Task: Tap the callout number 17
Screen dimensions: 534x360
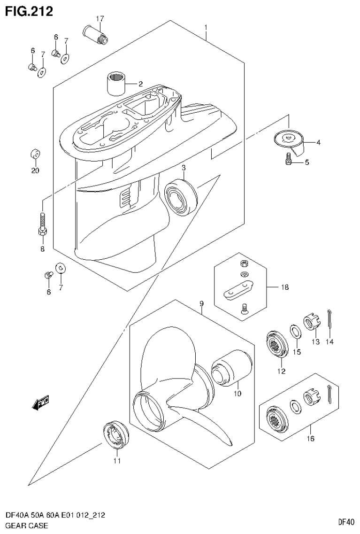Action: [x=100, y=19]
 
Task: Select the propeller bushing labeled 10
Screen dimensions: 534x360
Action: [x=231, y=367]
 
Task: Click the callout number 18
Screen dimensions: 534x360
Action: [x=284, y=286]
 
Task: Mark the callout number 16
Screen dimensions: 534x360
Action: [x=311, y=439]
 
